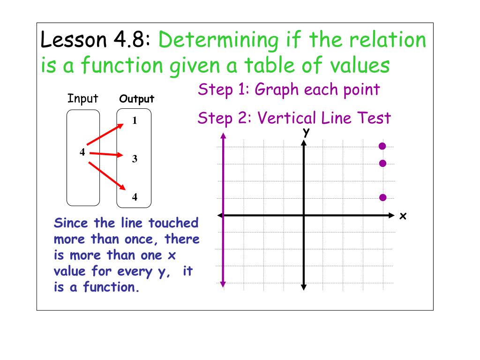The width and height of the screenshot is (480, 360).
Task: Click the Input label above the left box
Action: [x=83, y=99]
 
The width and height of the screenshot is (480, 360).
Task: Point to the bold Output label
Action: [x=137, y=99]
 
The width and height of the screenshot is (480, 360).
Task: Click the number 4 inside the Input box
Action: [x=82, y=152]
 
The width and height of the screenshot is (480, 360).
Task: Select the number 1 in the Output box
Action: [x=135, y=121]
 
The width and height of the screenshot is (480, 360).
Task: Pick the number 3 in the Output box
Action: [x=135, y=159]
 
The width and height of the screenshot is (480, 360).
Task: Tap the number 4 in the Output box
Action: [x=135, y=197]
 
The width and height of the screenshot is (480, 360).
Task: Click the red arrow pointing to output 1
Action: [x=105, y=134]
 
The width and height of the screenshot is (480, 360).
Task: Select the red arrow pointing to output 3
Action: [x=107, y=154]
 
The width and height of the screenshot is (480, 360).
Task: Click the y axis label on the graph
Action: [x=306, y=133]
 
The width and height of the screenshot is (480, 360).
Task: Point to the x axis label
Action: [x=402, y=216]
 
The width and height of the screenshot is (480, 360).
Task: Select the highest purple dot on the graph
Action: [x=382, y=146]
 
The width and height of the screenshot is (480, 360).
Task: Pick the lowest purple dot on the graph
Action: [x=382, y=197]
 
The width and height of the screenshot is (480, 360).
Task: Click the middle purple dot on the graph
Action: [x=382, y=163]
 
